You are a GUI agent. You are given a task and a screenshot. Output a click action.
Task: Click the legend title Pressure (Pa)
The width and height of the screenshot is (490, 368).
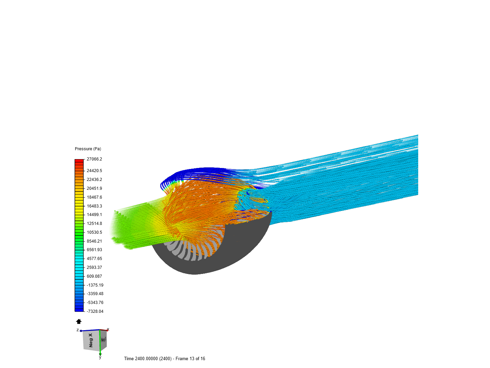[x=88, y=149]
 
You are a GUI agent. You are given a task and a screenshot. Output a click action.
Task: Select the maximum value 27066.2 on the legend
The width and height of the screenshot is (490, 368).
[x=94, y=159]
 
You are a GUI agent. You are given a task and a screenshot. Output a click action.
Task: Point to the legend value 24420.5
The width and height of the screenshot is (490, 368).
[x=94, y=171]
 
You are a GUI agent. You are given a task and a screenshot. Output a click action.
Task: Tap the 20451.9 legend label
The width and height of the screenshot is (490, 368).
[x=94, y=188]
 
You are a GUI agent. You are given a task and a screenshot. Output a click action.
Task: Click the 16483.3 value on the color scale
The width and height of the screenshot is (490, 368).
[x=94, y=206]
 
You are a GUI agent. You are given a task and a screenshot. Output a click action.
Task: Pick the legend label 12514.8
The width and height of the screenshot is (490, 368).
[x=94, y=224]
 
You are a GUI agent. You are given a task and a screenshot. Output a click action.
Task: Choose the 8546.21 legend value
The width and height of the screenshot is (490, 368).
[x=94, y=241]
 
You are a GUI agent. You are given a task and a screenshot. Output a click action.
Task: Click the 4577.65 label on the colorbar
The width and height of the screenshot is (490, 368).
[x=94, y=259]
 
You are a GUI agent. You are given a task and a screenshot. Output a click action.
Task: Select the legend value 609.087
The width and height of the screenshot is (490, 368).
[x=94, y=276]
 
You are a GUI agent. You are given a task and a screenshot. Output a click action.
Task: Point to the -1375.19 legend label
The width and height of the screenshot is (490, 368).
[x=95, y=285]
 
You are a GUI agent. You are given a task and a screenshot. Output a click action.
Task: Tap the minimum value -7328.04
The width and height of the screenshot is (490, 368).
[x=95, y=311]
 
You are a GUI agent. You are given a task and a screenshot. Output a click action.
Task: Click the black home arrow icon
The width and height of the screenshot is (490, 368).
[x=79, y=321]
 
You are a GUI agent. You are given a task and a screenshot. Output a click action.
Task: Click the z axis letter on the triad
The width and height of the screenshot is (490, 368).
[x=78, y=330]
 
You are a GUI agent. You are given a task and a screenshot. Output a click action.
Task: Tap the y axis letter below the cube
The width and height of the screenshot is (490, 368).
[x=100, y=357]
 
